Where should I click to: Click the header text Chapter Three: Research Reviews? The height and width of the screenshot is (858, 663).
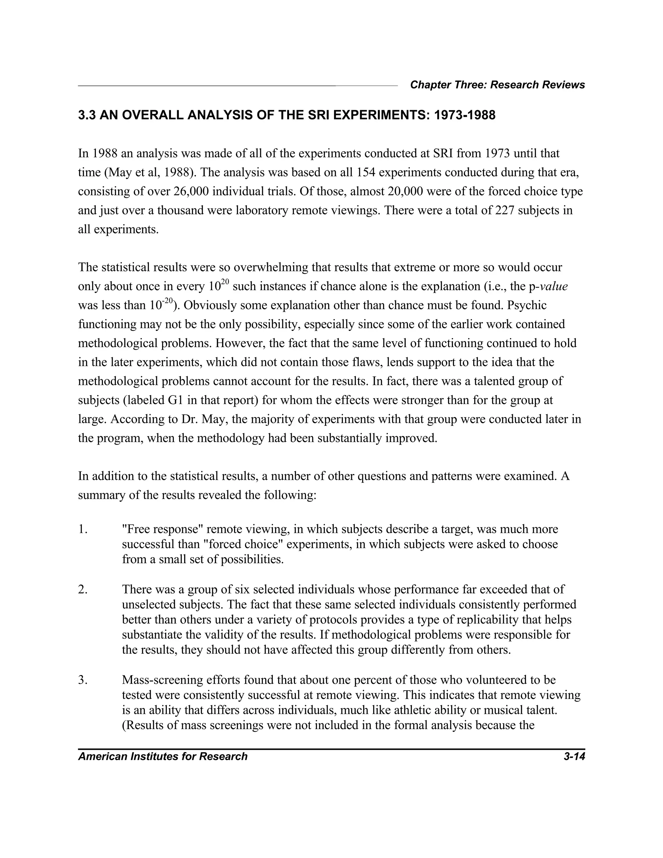(497, 85)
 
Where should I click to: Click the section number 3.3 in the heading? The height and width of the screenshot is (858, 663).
(86, 116)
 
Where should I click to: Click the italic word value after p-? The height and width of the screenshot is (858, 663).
(554, 287)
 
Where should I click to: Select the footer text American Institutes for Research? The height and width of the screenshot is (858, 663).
(163, 757)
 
